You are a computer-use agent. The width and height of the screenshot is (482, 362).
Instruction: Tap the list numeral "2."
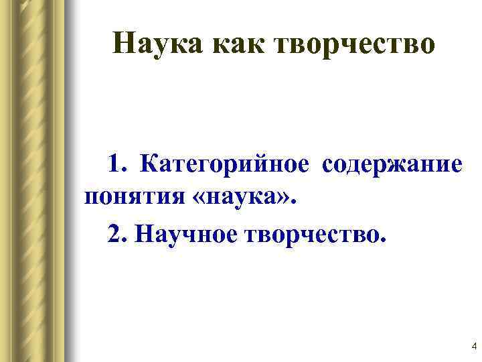pyautogui.click(x=118, y=233)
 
